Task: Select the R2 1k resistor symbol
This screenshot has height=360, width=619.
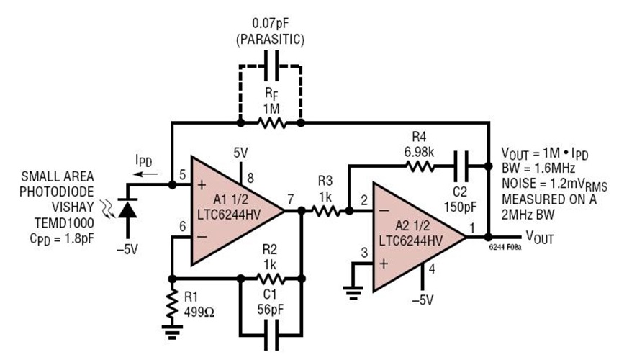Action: click(270, 278)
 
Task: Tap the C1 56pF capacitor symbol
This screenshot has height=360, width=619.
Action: click(270, 333)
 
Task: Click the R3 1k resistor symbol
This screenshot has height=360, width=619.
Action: click(325, 212)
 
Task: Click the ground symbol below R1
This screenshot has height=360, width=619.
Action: click(171, 331)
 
